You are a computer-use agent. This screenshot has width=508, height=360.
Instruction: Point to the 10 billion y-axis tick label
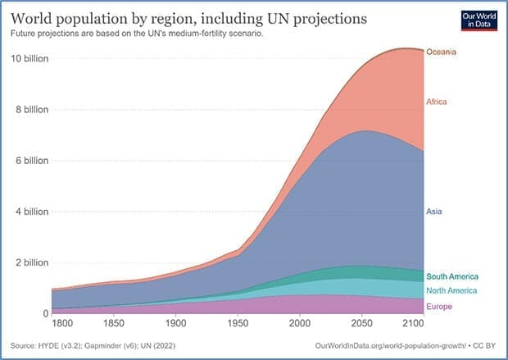(x=30, y=59)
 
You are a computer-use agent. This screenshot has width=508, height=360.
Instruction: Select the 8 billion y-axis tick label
(x=33, y=109)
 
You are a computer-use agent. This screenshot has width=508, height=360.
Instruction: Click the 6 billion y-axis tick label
(x=33, y=161)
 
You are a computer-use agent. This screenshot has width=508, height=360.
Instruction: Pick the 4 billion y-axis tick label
(x=33, y=212)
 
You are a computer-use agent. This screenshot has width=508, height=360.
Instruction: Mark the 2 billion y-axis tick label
(x=33, y=262)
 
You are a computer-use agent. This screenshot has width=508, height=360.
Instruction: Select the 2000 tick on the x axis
(x=300, y=324)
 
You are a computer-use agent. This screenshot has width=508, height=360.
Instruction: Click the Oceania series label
(x=441, y=52)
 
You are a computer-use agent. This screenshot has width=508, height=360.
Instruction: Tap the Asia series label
(x=434, y=212)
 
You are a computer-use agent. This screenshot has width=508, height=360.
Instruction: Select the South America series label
(x=452, y=277)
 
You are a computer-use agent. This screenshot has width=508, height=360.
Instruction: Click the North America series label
(x=452, y=291)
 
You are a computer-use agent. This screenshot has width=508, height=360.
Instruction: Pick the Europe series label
(x=439, y=306)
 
